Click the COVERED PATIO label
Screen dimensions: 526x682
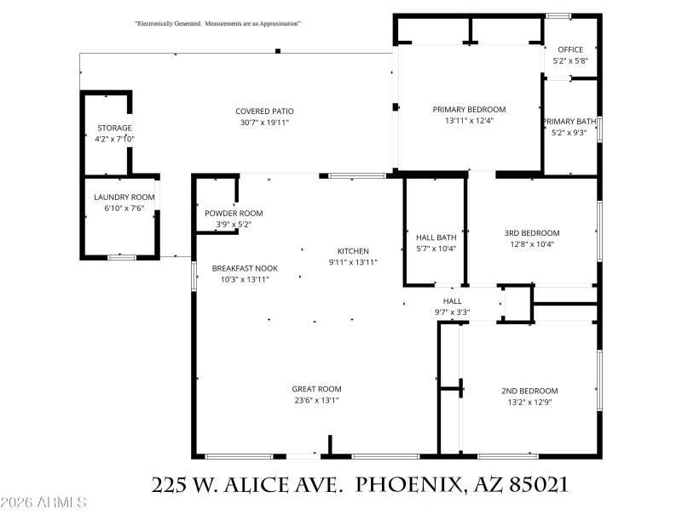pos(264,111)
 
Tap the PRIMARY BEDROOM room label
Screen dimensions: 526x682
pos(469,109)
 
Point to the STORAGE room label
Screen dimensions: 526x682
pos(114,128)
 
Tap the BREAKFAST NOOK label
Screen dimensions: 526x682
pos(245,268)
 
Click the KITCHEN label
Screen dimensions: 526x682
pos(353,251)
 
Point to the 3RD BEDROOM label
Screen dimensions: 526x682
pos(531,233)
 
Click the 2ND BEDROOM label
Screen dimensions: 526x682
pos(529,391)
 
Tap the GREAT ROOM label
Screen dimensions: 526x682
pos(316,389)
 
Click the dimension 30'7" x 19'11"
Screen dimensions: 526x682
pos(264,123)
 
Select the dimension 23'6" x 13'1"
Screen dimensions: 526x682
pos(316,400)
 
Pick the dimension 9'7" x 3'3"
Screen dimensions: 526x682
pos(452,312)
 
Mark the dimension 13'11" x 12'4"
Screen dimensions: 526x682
pos(469,120)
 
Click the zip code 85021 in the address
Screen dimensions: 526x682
pos(538,485)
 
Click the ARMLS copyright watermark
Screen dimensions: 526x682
pos(44,503)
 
